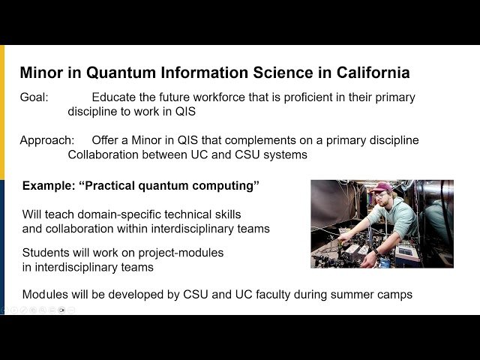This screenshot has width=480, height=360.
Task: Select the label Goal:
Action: (x=34, y=97)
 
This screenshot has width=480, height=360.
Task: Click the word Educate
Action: (x=116, y=97)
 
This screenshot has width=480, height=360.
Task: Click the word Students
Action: (x=47, y=253)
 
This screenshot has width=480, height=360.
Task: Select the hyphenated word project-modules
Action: (x=181, y=253)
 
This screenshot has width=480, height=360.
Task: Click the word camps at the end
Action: (x=395, y=295)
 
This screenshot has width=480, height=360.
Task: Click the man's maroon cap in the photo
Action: (x=380, y=187)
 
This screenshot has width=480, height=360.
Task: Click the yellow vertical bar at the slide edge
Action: (x=2, y=112)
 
